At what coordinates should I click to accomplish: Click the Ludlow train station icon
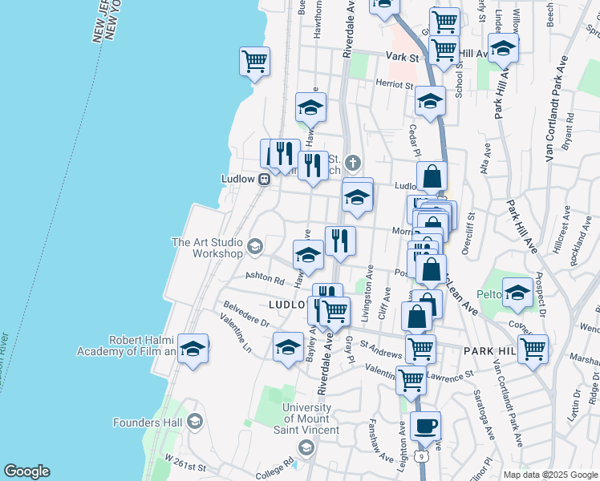(x=261, y=180)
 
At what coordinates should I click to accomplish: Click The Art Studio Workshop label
(x=206, y=247)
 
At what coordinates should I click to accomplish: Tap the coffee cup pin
(x=425, y=425)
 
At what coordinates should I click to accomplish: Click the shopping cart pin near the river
(x=254, y=61)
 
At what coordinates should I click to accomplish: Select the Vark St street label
(x=402, y=58)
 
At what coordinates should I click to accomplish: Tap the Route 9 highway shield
(x=421, y=456)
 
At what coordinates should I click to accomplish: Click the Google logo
(x=26, y=471)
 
